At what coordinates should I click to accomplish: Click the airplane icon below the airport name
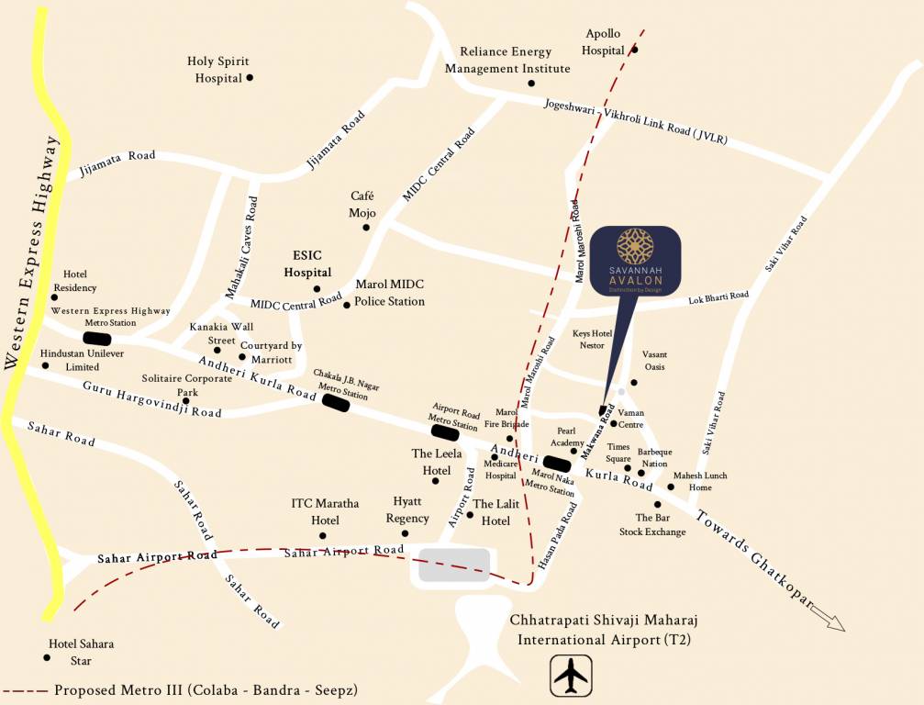570,677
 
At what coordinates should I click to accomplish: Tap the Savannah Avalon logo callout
634,263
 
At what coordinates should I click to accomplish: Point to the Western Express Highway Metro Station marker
96,338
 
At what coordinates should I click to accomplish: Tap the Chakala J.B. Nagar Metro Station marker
336,403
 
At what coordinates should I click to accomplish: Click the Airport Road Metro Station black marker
445,431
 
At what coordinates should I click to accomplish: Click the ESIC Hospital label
306,264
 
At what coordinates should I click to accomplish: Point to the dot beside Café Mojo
365,227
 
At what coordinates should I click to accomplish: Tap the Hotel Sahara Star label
83,652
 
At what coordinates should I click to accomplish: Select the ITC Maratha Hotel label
325,511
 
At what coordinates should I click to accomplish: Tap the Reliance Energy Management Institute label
507,61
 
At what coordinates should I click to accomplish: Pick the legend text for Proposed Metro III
206,689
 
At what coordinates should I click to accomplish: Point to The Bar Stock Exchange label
651,524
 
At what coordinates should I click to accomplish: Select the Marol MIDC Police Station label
389,293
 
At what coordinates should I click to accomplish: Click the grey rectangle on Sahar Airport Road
454,565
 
